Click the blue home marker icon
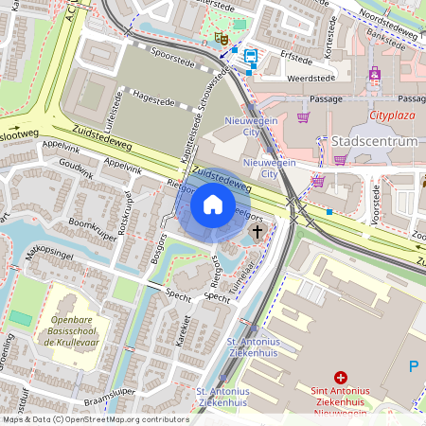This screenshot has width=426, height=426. (213, 204)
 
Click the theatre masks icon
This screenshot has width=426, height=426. (222, 39)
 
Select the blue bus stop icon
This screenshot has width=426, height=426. (250, 56)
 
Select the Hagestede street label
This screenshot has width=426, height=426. (155, 95)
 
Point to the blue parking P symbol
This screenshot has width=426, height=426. (413, 365)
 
